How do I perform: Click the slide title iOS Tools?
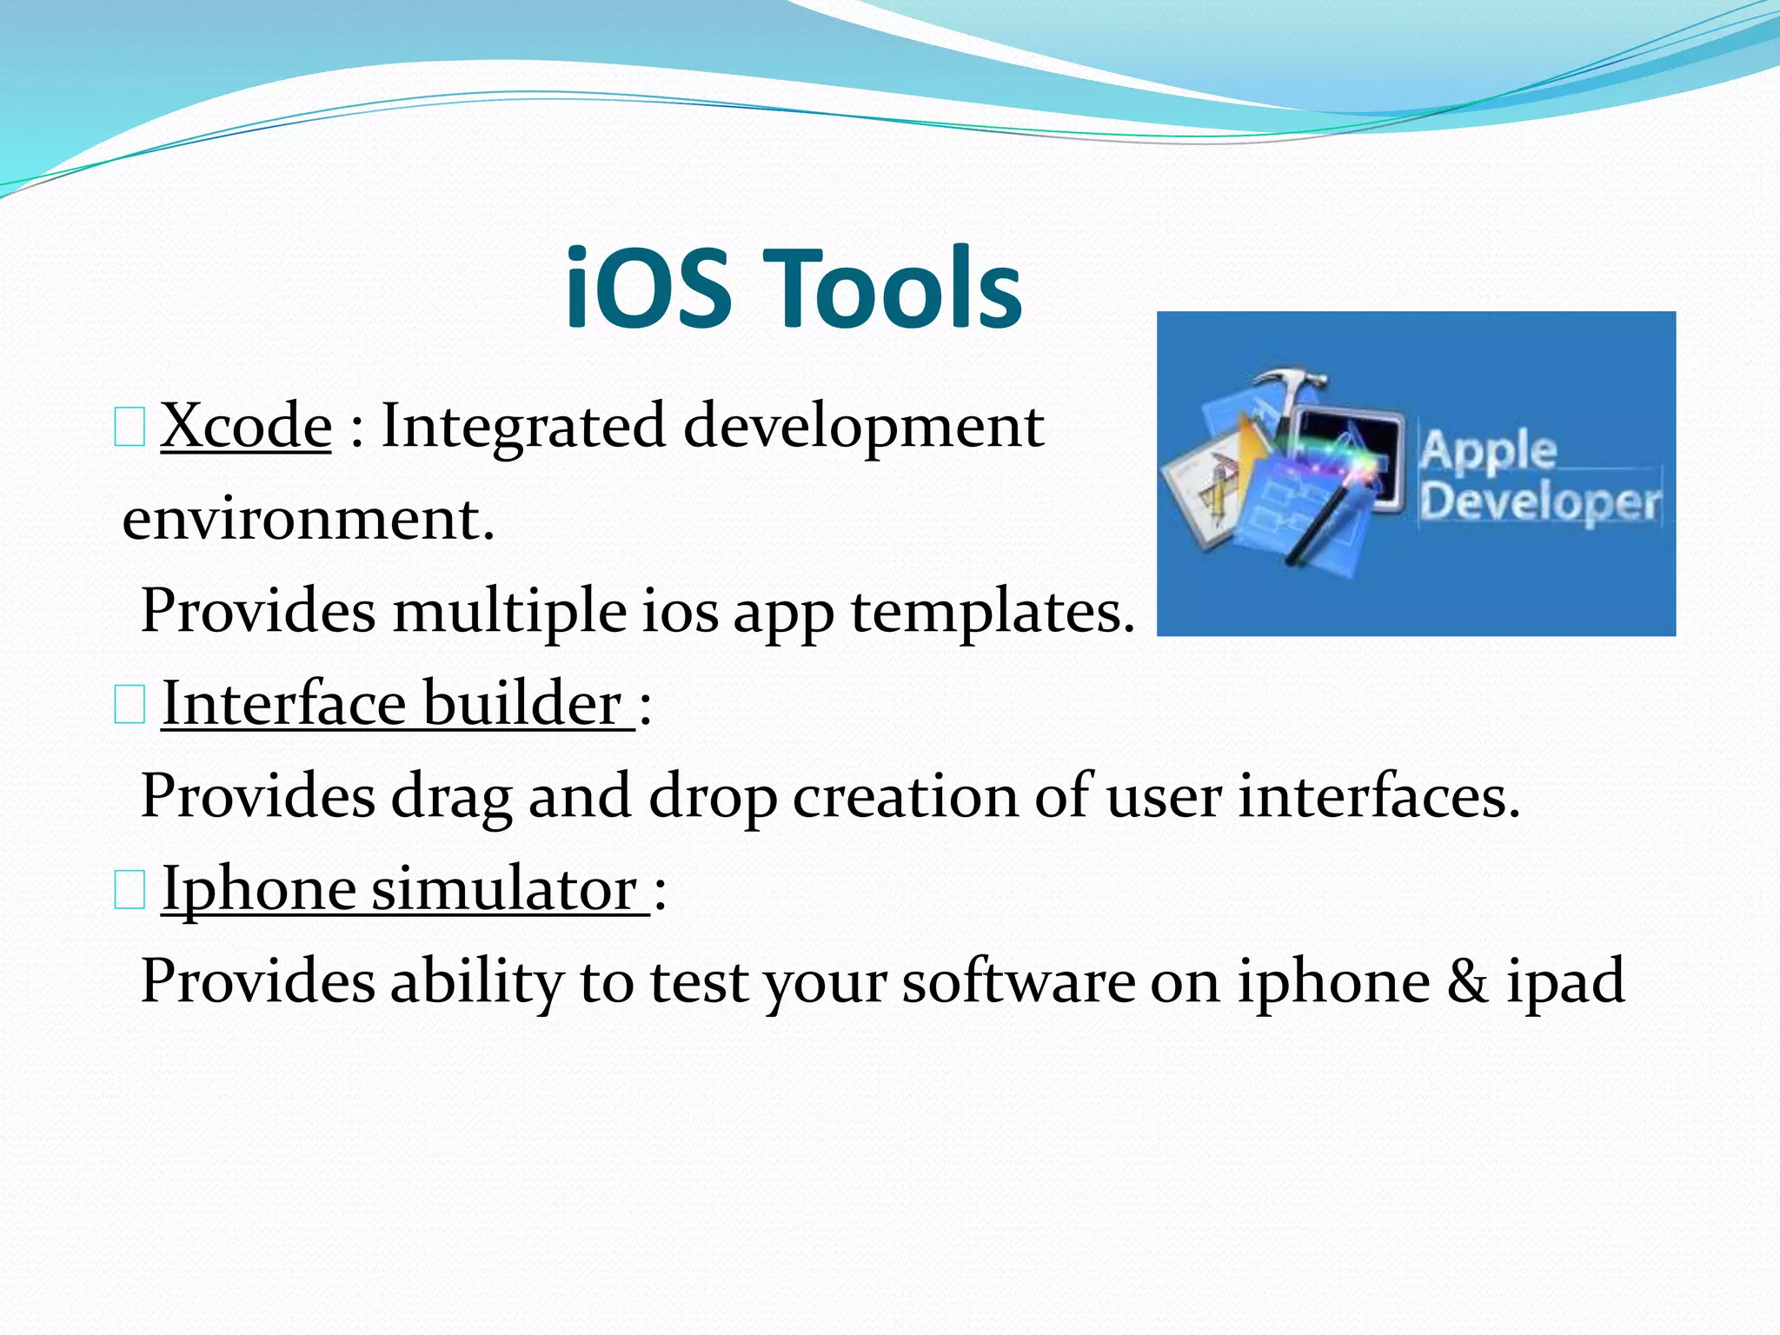(793, 289)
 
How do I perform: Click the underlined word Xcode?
(246, 427)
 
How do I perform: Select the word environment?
(307, 521)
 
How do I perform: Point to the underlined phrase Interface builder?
(397, 704)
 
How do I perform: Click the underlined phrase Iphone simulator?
(404, 890)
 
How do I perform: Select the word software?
(1018, 982)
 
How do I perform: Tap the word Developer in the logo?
(1539, 502)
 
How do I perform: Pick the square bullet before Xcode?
(130, 429)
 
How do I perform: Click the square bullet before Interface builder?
(130, 707)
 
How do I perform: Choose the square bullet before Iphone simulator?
(130, 893)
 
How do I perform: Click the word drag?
(450, 798)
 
